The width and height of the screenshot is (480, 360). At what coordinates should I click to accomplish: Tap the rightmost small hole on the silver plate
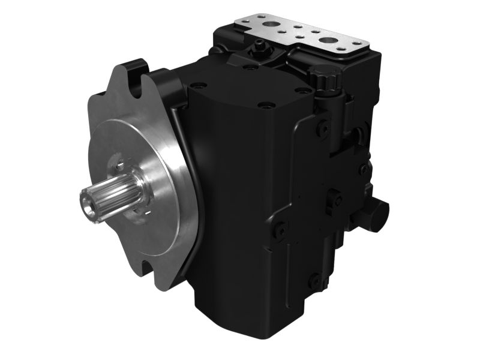[358, 43]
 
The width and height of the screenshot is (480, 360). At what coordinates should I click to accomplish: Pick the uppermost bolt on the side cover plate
[323, 127]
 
